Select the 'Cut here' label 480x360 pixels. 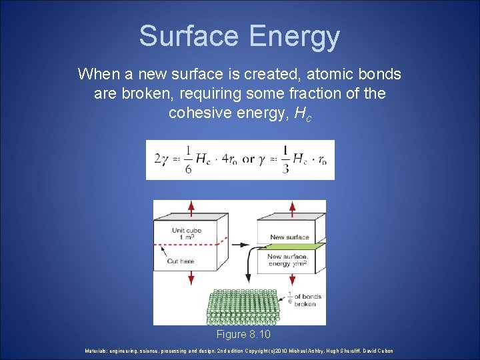click(x=181, y=261)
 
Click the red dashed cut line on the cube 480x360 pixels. click(x=200, y=246)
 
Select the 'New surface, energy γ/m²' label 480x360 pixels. click(x=287, y=260)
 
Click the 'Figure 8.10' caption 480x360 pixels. click(x=243, y=334)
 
